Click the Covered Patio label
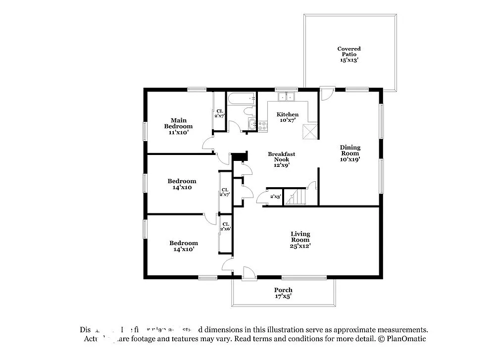pyautogui.click(x=348, y=54)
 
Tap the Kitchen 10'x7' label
pyautogui.click(x=287, y=117)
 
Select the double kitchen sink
pyautogui.click(x=286, y=97)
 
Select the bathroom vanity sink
pyautogui.click(x=252, y=125)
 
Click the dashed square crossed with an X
pyautogui.click(x=310, y=131)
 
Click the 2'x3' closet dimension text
pyautogui.click(x=275, y=197)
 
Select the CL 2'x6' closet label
pyautogui.click(x=225, y=226)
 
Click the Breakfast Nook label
pyautogui.click(x=281, y=159)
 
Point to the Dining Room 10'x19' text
pyautogui.click(x=349, y=153)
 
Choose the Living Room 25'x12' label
pyautogui.click(x=300, y=240)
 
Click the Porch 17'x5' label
pyautogui.click(x=283, y=293)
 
